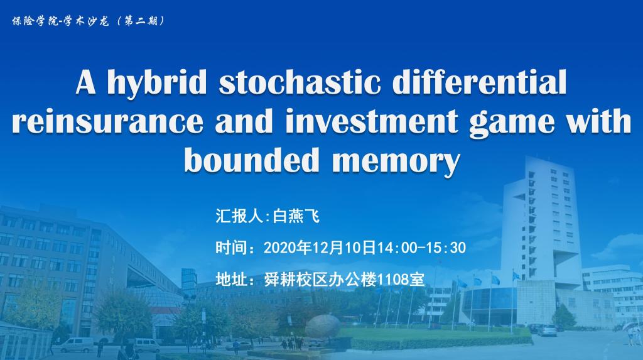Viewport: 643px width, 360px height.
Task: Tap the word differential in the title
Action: click(x=479, y=82)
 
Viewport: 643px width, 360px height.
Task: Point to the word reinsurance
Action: click(x=107, y=121)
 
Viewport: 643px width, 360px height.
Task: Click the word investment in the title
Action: click(x=370, y=121)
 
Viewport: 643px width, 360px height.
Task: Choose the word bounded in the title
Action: click(x=251, y=160)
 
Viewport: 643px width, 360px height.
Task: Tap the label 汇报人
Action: click(x=239, y=216)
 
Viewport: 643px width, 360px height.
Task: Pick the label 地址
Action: click(x=232, y=280)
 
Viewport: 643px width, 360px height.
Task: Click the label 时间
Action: click(x=232, y=248)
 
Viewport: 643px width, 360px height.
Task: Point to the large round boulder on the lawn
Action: click(x=323, y=325)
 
